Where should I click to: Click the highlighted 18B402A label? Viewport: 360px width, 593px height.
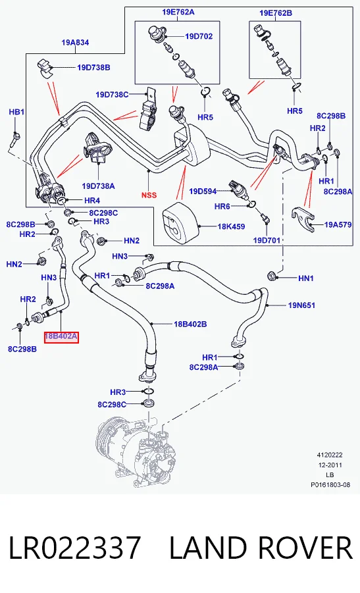[61, 336]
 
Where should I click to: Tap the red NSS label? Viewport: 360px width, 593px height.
[149, 195]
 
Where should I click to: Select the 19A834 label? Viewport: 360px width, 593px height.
[75, 43]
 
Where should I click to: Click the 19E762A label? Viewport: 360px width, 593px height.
[178, 12]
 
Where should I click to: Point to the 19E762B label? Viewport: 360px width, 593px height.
[276, 13]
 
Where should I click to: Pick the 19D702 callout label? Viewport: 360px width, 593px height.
[199, 36]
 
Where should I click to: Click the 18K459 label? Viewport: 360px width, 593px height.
[232, 226]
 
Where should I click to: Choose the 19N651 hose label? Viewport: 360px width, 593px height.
[301, 305]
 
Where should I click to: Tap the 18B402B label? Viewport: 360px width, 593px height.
[190, 324]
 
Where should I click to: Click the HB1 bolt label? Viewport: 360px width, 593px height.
[16, 112]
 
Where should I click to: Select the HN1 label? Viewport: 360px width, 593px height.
[306, 278]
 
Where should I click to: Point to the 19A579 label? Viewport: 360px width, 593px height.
[338, 224]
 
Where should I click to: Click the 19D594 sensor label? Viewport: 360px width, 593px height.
[203, 192]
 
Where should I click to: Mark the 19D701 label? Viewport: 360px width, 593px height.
[267, 240]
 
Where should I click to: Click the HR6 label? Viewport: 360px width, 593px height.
[222, 206]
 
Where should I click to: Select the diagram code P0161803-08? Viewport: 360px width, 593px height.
[330, 485]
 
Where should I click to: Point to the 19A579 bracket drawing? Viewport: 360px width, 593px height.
[303, 218]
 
